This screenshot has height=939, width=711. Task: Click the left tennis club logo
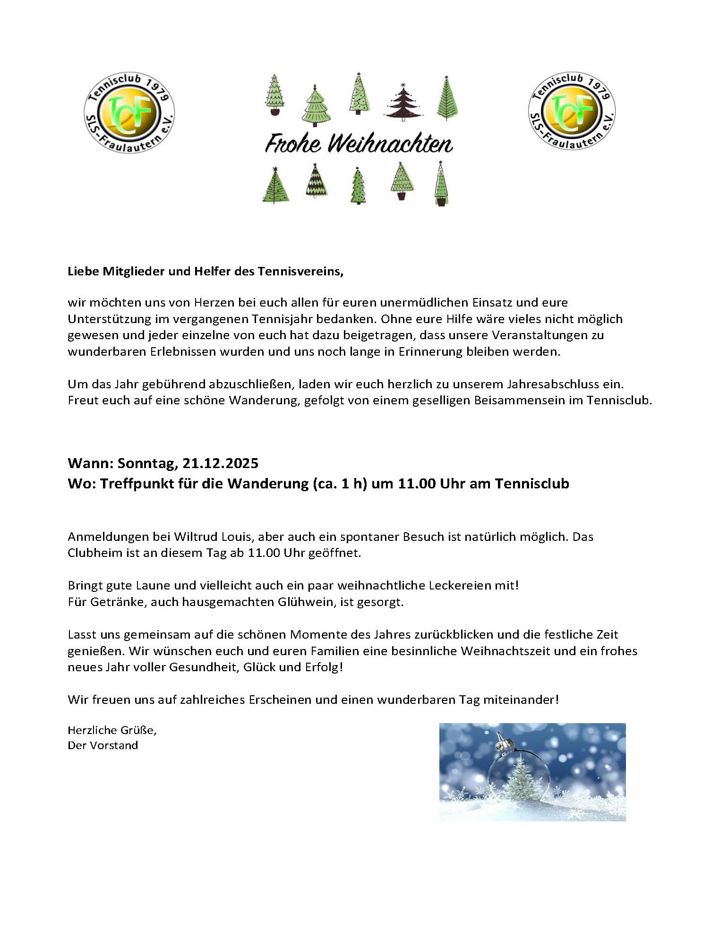tap(129, 112)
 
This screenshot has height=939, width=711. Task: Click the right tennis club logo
tap(572, 112)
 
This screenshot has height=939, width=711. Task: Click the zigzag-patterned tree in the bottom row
tap(317, 180)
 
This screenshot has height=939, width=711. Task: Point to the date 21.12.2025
tap(221, 463)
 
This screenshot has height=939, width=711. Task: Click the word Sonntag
tap(148, 463)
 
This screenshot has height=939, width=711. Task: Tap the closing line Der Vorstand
tap(103, 745)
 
